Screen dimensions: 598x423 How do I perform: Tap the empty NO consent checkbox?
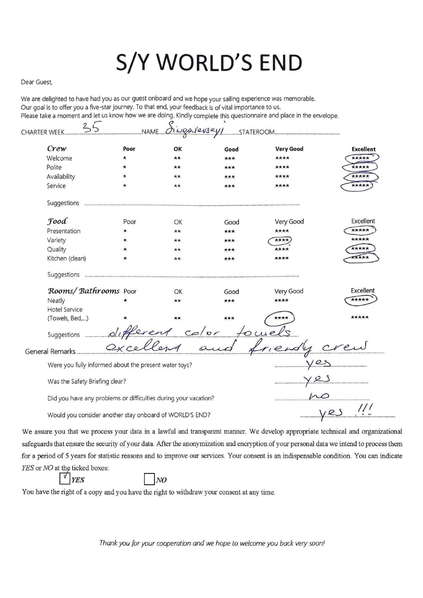149,479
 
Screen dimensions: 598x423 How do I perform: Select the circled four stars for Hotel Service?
281,318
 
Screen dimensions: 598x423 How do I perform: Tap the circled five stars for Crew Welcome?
360,158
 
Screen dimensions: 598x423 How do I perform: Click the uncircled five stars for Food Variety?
360,240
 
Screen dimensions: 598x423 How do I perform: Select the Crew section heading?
57,148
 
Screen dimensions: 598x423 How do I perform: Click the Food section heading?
57,221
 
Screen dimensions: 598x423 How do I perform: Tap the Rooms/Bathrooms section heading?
84,291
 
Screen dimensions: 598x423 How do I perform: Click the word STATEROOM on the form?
256,133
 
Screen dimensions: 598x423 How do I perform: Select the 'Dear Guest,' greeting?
36,82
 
